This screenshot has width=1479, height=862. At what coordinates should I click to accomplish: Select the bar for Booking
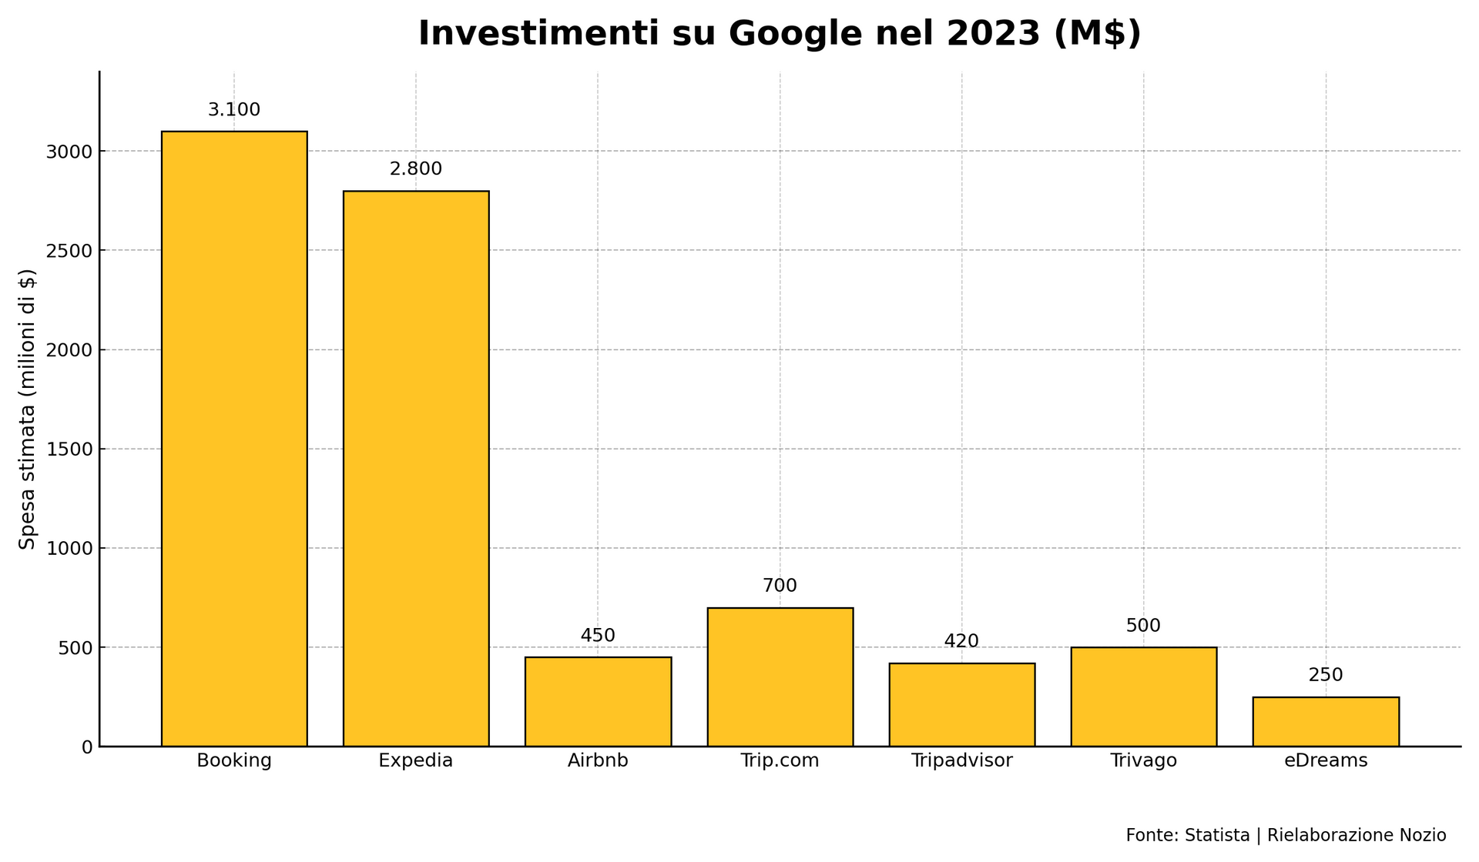pos(234,439)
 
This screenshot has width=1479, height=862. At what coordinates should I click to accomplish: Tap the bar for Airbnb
pos(598,701)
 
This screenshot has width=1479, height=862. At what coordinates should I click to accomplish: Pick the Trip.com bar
pos(780,677)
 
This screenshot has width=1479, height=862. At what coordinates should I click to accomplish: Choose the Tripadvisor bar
pos(961,704)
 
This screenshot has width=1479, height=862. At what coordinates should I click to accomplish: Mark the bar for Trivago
pos(1144,697)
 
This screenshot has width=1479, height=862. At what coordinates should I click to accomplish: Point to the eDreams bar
pos(1326,721)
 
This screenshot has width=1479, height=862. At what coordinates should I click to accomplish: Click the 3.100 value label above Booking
pos(234,110)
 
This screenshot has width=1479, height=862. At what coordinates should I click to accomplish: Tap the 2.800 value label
pos(416,169)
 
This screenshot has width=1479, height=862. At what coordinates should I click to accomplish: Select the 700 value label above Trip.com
pos(780,586)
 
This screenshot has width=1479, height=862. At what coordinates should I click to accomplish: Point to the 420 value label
pos(961,641)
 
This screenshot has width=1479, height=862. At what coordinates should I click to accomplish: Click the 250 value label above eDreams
pos(1326,675)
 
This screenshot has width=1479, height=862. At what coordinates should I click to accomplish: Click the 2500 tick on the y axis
pos(70,251)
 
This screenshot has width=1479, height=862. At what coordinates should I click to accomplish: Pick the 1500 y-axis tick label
pos(70,449)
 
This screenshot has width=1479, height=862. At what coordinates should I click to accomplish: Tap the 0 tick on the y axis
pos(86,747)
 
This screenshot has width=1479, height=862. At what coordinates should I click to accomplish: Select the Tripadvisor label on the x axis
pos(961,761)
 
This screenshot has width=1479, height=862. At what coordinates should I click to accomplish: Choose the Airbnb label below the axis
pos(598,761)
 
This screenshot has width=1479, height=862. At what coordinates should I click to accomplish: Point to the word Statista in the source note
pos(1216,835)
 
